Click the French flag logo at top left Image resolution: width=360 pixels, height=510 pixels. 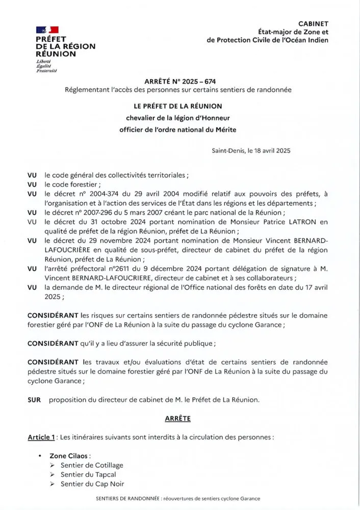[x=47, y=30]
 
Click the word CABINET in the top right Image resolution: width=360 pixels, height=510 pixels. [x=313, y=23]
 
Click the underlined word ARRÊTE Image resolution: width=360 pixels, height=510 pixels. [x=177, y=418]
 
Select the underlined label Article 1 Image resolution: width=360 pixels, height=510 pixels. [x=41, y=437]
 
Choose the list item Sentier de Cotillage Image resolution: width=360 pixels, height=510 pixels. [x=92, y=465]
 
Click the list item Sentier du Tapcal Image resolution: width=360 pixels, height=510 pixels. [x=88, y=474]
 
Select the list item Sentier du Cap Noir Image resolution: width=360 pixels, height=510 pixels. [x=92, y=484]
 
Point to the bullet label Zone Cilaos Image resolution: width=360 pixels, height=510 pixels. [x=70, y=455]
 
